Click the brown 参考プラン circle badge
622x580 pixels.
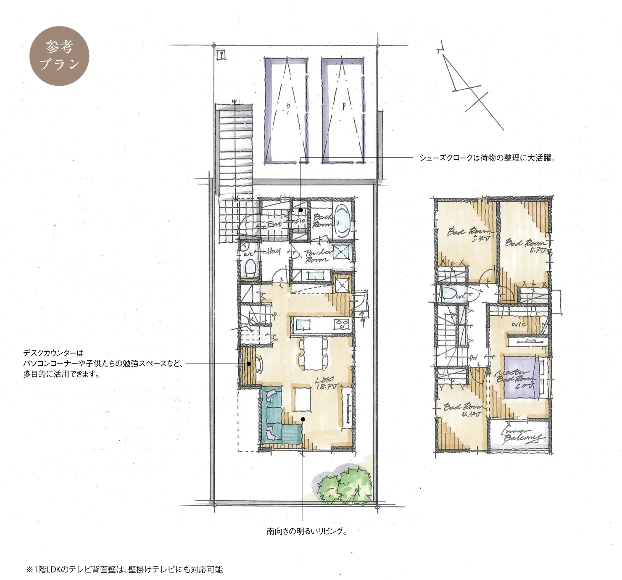pyautogui.click(x=59, y=56)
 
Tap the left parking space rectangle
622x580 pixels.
pyautogui.click(x=286, y=110)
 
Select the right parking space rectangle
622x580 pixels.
pyautogui.click(x=343, y=110)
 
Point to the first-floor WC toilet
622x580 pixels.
pyautogui.click(x=250, y=267)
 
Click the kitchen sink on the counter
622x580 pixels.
pyautogui.click(x=302, y=324)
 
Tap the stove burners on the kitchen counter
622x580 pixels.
pyautogui.click(x=341, y=324)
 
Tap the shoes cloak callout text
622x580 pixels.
pyautogui.click(x=488, y=158)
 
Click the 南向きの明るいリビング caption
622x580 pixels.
pyautogui.click(x=307, y=531)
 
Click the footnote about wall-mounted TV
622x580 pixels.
pyautogui.click(x=124, y=569)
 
